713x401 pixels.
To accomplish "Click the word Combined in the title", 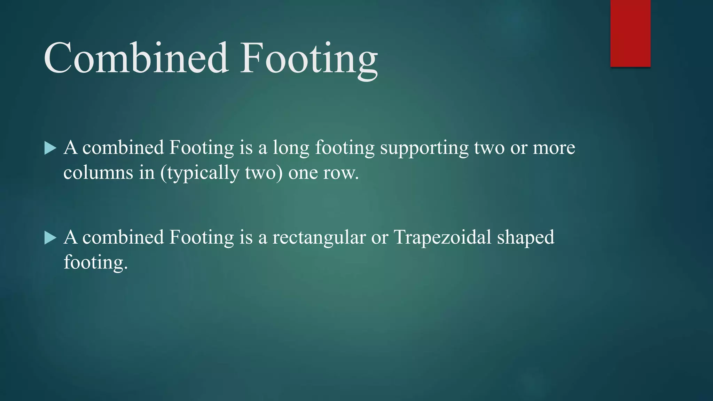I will pos(136,58).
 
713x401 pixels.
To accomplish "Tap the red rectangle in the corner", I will pos(630,33).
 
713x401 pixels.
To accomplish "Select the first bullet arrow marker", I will pos(50,148).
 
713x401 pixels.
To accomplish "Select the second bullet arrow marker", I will pos(50,238).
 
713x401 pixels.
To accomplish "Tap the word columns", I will pos(98,173).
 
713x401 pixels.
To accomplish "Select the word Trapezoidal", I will pos(442,237).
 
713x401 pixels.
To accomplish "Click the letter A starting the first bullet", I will pos(71,148).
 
